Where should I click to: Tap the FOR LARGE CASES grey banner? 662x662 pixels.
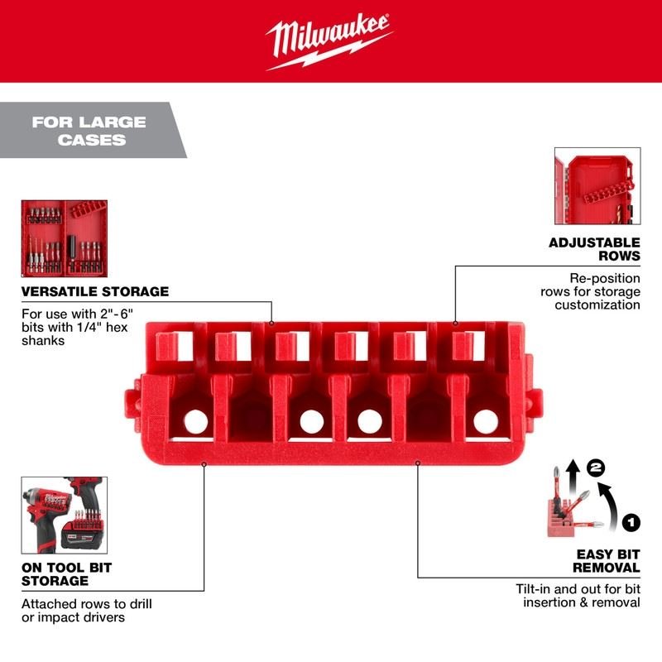pos(89,131)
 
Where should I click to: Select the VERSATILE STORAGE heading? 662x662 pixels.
pos(95,291)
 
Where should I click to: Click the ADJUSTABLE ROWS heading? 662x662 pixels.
pos(594,249)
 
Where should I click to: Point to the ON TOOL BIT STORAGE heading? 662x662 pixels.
pos(66,575)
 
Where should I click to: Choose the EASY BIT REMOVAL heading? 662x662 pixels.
pos(595,560)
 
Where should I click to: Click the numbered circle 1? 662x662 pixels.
pos(631,521)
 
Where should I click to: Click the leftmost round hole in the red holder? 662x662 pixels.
pos(196,421)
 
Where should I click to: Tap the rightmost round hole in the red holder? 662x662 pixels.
pos(486,421)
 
